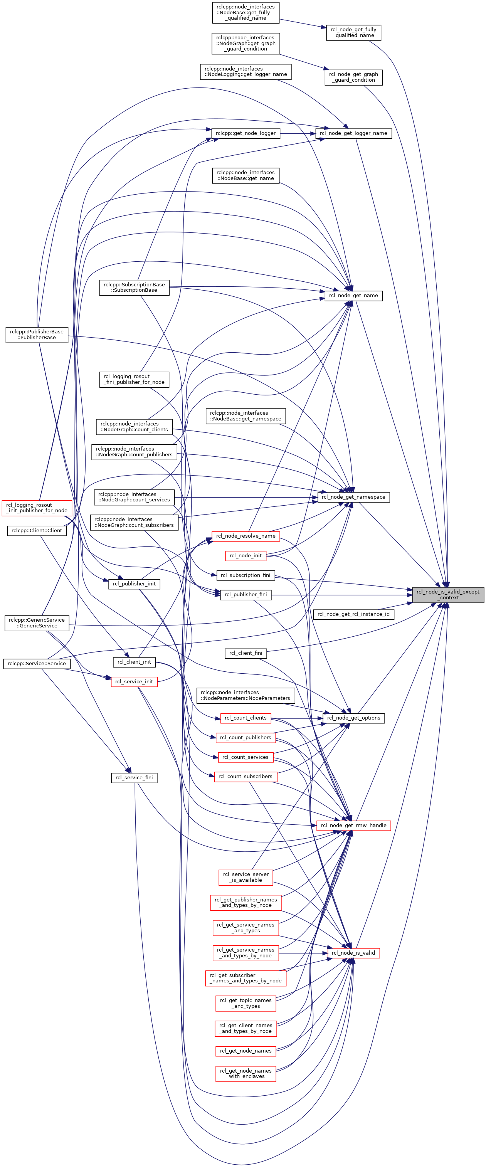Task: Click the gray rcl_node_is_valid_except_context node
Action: point(447,594)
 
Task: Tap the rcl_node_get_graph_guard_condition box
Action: point(353,77)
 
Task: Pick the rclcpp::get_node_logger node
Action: point(246,133)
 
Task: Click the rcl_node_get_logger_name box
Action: point(353,133)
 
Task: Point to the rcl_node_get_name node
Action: point(353,295)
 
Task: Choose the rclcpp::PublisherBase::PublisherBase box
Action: point(37,335)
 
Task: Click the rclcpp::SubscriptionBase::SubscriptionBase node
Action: point(134,287)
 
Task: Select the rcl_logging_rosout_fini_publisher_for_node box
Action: point(134,379)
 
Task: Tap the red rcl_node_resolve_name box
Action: point(246,536)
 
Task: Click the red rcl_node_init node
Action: point(246,555)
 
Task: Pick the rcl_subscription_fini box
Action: point(246,575)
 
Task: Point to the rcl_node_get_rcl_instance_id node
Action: point(353,614)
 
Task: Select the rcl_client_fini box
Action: point(246,653)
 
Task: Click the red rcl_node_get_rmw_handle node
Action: point(353,826)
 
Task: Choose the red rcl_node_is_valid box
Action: point(353,953)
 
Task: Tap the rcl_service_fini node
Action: point(134,777)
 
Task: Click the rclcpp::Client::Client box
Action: point(37,530)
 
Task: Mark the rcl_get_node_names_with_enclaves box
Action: point(246,1074)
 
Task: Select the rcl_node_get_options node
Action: point(353,718)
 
